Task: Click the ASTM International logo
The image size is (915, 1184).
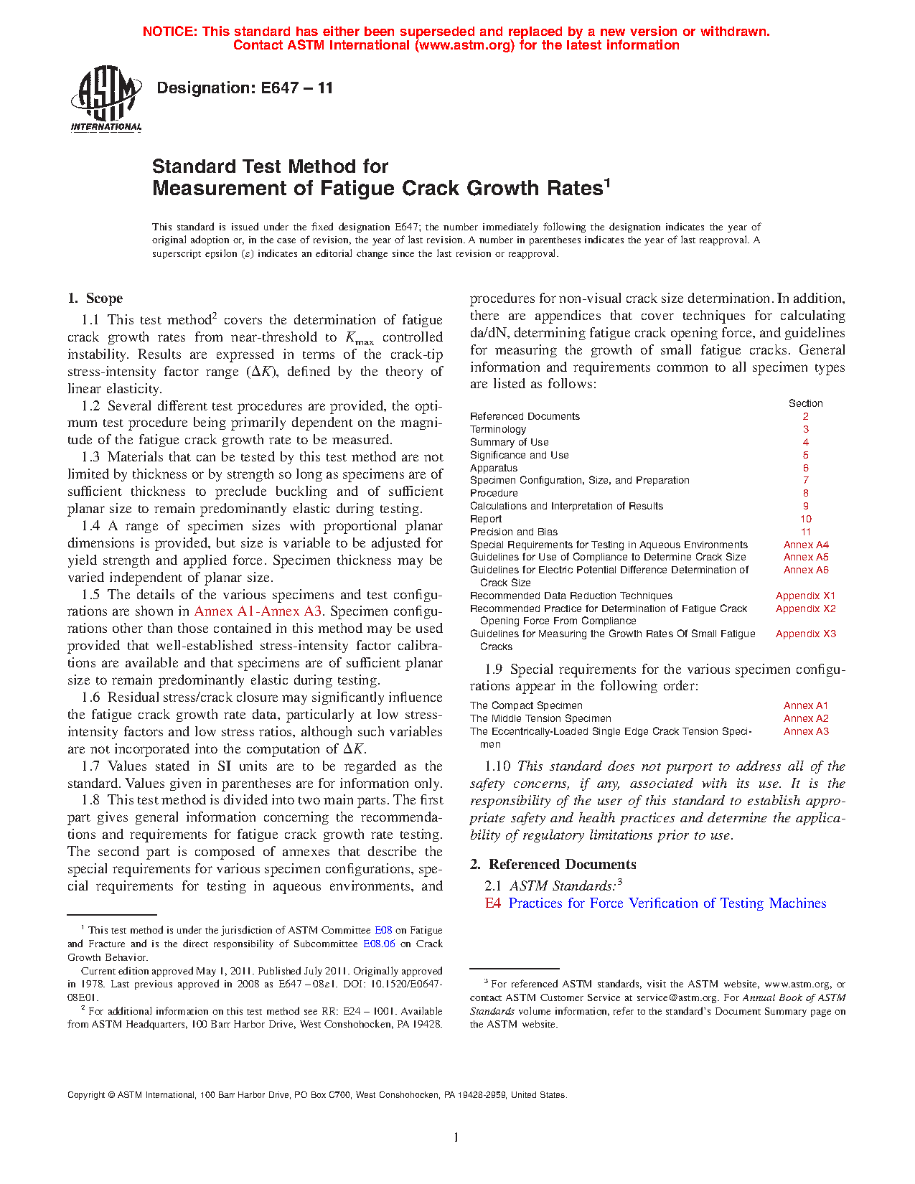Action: coord(106,99)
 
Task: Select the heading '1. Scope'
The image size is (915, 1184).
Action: coord(95,299)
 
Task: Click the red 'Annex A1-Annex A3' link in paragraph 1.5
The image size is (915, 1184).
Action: coord(258,611)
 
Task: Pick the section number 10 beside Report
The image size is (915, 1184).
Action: coord(806,519)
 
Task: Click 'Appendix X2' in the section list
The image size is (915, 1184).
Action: coord(805,609)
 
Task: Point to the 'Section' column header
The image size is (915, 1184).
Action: coord(806,403)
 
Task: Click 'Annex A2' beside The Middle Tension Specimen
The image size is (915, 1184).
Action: coord(806,718)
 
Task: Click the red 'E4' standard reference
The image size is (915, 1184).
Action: coord(492,903)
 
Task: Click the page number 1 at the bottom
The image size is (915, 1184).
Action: coord(456,1137)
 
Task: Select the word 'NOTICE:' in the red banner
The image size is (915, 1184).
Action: coord(170,32)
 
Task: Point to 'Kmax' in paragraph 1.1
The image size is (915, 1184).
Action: coord(359,338)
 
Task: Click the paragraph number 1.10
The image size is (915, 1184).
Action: coord(497,766)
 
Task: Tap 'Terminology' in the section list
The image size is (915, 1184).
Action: coord(498,429)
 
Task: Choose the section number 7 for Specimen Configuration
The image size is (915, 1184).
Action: coord(806,480)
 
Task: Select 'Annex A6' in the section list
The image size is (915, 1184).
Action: coord(806,570)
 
